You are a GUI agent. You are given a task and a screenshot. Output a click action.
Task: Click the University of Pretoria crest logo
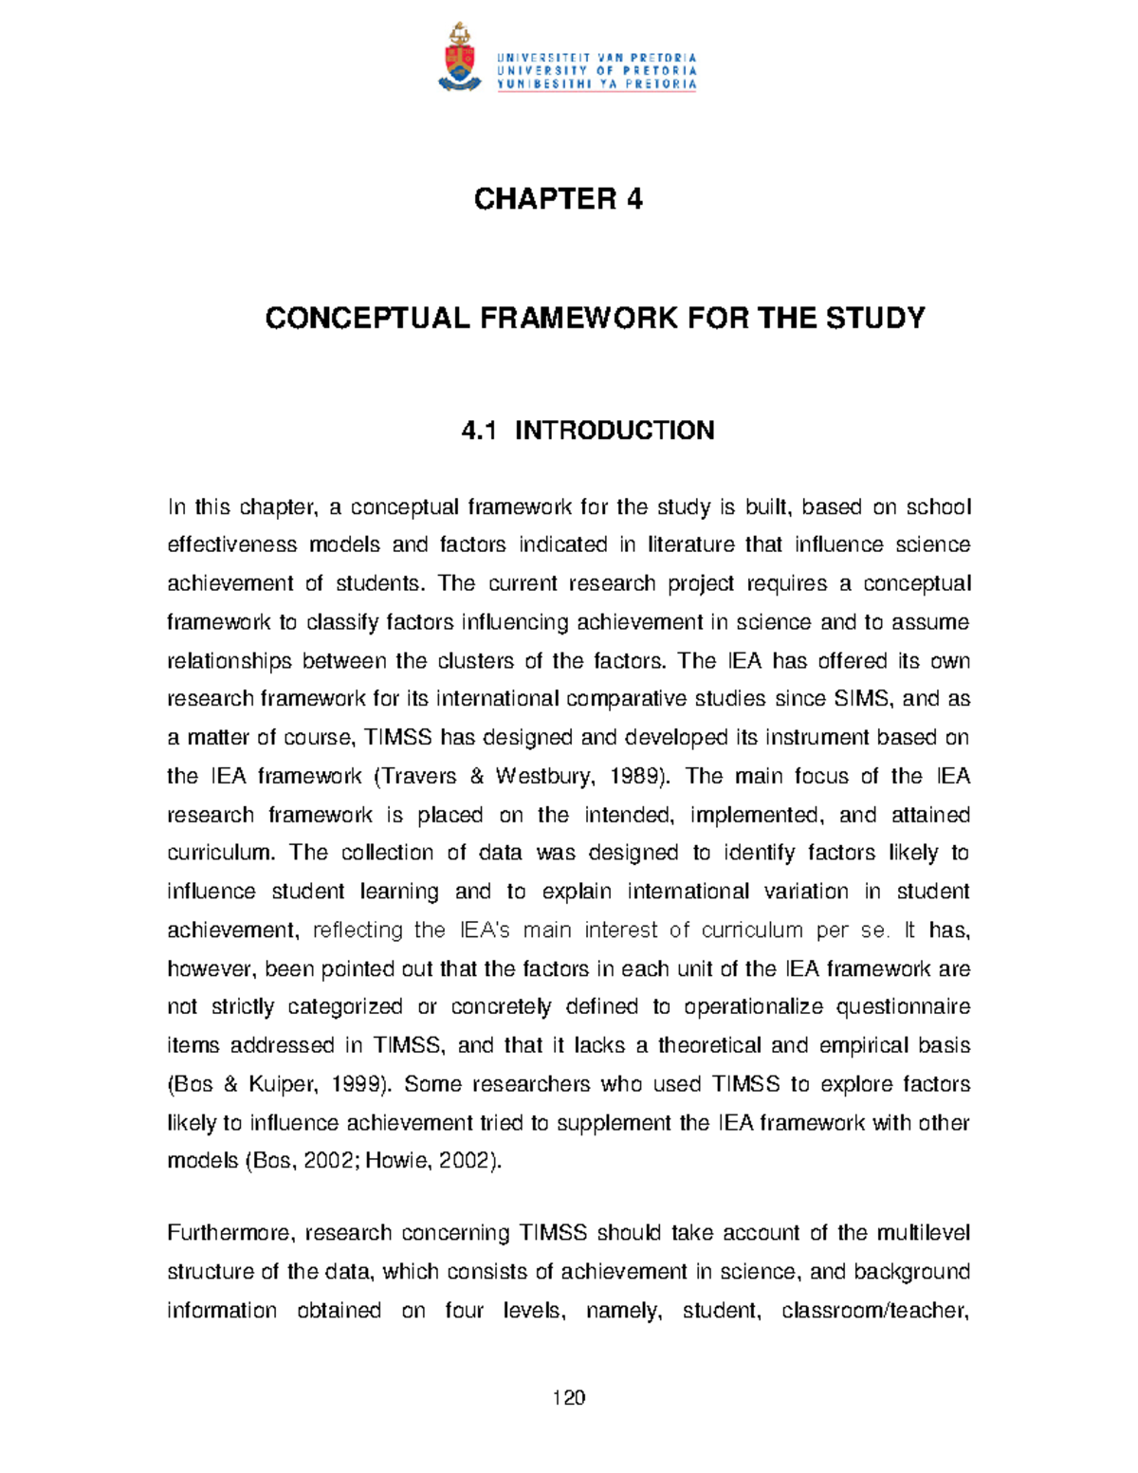pyautogui.click(x=458, y=57)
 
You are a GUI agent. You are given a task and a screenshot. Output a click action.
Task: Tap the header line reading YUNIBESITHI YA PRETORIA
pyautogui.click(x=597, y=84)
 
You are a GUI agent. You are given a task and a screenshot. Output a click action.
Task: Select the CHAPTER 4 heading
pyautogui.click(x=559, y=199)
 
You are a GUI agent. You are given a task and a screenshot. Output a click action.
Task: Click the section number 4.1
pyautogui.click(x=479, y=431)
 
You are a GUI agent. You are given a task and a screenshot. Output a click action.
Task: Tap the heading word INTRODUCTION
pyautogui.click(x=615, y=431)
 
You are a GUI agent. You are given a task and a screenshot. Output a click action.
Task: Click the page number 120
pyautogui.click(x=569, y=1397)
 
